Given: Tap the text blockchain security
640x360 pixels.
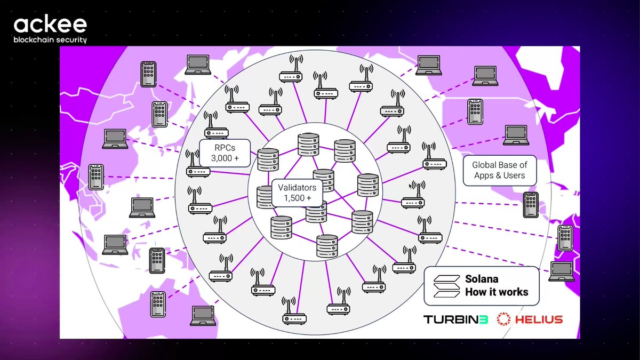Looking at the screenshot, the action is tap(50, 39).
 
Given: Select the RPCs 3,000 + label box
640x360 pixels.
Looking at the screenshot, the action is tap(225, 153).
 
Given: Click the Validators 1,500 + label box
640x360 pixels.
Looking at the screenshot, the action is tap(297, 193).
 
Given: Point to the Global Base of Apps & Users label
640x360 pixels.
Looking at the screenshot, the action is tap(500, 170).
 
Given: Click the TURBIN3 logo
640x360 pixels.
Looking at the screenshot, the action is tap(455, 319).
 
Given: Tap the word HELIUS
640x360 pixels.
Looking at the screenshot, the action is tap(539, 319).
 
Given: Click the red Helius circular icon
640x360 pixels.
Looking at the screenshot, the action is tap(503, 319).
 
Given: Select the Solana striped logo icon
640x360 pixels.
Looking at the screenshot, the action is tap(446, 286).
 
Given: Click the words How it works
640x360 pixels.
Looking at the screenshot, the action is tap(497, 292).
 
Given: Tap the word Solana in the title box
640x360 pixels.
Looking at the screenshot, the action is tap(482, 279).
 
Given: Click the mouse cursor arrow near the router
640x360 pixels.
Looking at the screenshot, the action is tap(411, 186).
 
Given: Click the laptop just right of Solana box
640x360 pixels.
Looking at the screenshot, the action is tap(562, 271).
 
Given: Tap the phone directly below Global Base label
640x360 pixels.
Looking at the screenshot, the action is tap(531, 205).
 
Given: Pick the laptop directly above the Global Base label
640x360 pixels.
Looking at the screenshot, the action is tap(516, 135).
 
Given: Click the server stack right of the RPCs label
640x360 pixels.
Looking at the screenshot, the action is tap(268, 159).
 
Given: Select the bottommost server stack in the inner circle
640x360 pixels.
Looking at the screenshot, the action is tap(327, 246).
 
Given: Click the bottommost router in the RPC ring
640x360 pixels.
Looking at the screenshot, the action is tap(294, 311).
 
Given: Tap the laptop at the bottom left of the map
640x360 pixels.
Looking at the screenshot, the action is tap(203, 316).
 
